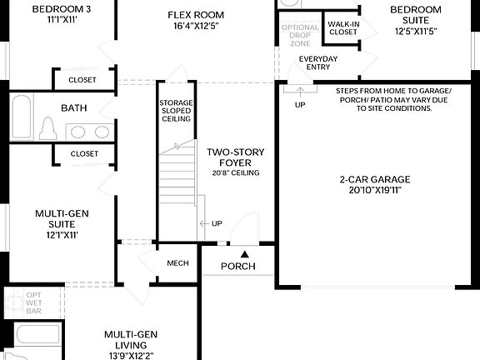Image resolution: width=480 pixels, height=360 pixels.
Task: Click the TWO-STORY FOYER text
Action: tap(234, 157)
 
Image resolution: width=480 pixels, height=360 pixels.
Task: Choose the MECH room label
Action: tap(177, 263)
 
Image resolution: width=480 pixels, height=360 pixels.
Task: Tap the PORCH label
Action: tap(238, 267)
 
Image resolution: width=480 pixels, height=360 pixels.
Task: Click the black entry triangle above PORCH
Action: tap(244, 252)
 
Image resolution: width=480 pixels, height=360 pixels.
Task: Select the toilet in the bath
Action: tap(47, 129)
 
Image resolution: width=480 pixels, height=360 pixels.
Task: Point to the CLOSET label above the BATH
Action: tap(83, 80)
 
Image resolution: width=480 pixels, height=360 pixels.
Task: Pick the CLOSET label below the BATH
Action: tap(84, 154)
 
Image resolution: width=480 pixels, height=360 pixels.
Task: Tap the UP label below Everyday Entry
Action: tap(300, 105)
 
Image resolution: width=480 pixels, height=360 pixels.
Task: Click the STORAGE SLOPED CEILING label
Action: tap(176, 111)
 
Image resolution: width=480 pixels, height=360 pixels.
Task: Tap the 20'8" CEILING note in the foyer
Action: tap(235, 173)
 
